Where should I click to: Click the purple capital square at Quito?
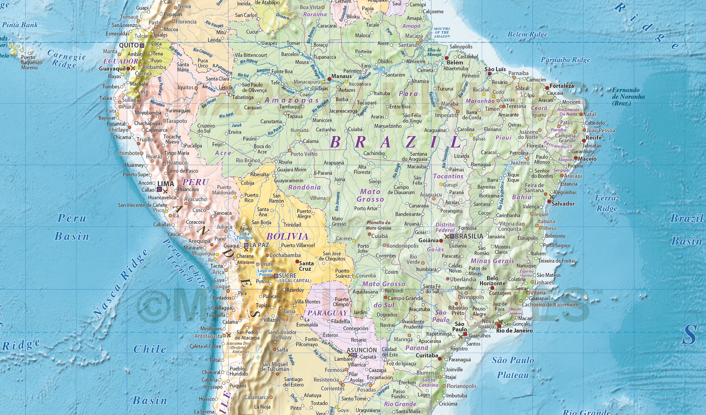tap(142, 45)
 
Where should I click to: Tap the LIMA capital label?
tap(166, 184)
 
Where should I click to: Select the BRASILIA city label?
tap(469, 236)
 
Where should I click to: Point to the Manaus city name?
tap(341, 76)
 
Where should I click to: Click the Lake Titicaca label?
tap(245, 236)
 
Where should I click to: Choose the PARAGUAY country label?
tap(327, 313)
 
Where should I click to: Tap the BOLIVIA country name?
tap(287, 236)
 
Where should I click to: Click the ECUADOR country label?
tap(120, 61)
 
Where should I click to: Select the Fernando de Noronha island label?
tap(628, 96)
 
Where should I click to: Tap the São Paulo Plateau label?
tap(513, 367)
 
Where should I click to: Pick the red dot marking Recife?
tap(584, 141)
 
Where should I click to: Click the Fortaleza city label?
tap(562, 86)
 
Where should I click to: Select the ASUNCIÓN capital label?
tap(362, 350)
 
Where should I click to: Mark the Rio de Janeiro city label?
tap(514, 331)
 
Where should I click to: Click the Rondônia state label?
tap(304, 187)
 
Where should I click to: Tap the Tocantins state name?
tap(448, 176)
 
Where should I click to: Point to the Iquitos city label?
tap(185, 88)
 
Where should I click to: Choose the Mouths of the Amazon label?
tap(442, 32)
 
